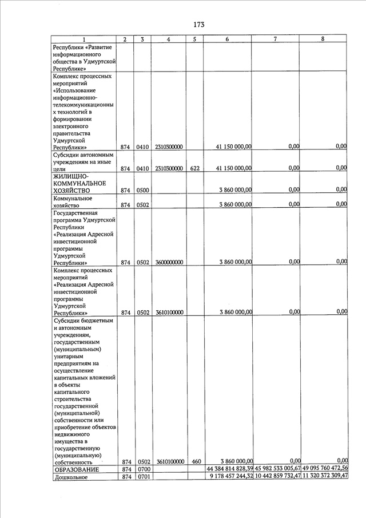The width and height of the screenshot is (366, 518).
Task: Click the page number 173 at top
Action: (198, 24)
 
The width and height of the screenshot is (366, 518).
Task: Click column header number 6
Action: (228, 39)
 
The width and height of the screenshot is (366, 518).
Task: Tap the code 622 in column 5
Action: (194, 169)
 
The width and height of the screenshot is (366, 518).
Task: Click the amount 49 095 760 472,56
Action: (324, 469)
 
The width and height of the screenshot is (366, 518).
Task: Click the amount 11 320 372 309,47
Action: (325, 477)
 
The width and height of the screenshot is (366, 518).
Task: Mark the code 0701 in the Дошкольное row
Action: (142, 478)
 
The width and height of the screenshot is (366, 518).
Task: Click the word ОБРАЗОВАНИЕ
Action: (76, 470)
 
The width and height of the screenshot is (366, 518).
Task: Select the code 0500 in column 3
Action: (142, 190)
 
